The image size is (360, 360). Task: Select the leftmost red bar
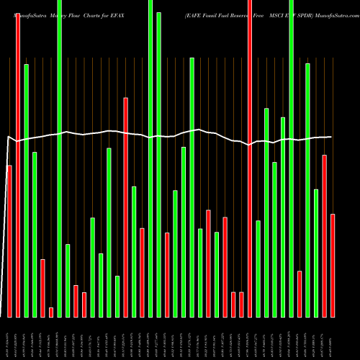pyautogui.click(x=9, y=241)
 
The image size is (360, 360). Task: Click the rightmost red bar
pyautogui.click(x=333, y=266)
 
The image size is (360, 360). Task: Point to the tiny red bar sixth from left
pyautogui.click(x=51, y=312)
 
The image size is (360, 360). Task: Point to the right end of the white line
pyautogui.click(x=331, y=137)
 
